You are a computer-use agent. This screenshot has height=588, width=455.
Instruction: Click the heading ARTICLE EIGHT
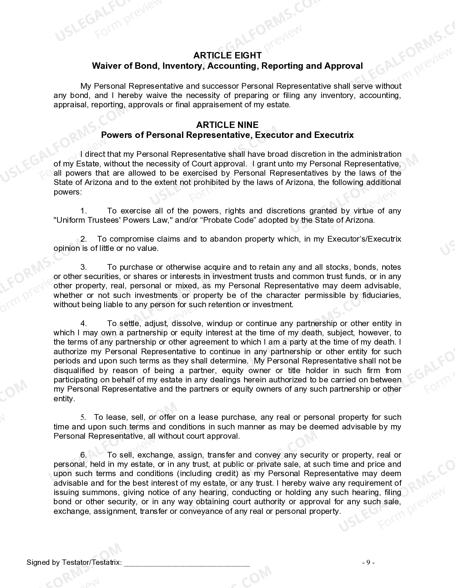(x=227, y=55)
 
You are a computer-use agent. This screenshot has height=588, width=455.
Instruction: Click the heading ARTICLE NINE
(x=227, y=125)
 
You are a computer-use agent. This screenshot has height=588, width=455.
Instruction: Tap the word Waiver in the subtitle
(x=105, y=66)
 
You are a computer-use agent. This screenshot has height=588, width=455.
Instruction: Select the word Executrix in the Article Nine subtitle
(x=334, y=135)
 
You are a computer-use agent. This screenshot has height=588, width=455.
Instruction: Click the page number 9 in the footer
(x=368, y=563)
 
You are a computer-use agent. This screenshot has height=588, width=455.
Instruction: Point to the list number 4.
(x=84, y=324)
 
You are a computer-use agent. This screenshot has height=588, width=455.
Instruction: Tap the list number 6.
(x=84, y=455)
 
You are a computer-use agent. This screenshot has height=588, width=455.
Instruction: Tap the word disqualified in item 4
(x=74, y=371)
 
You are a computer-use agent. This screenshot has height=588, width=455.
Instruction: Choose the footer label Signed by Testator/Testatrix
(x=74, y=563)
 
